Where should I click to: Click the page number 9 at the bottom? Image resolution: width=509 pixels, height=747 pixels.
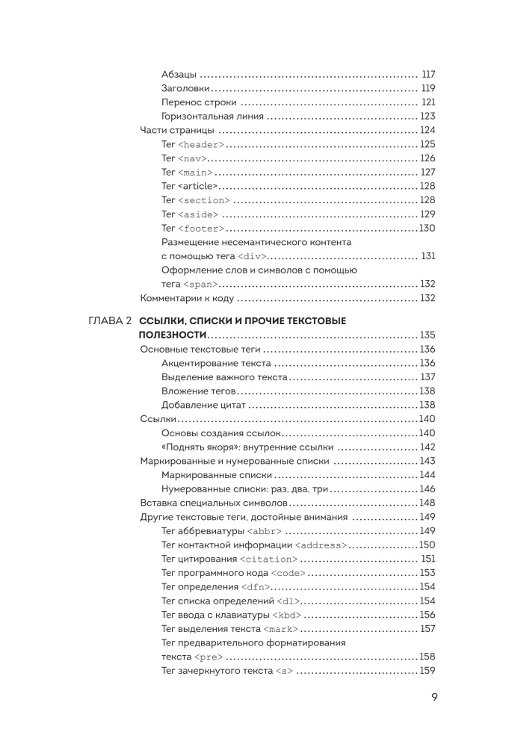(x=434, y=698)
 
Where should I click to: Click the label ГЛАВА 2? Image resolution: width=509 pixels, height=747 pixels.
(x=110, y=320)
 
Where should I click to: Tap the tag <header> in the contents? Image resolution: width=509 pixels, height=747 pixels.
(x=201, y=144)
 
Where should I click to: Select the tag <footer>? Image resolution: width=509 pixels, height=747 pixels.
(x=201, y=228)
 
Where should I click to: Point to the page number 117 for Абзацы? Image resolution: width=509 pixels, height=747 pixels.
(x=428, y=74)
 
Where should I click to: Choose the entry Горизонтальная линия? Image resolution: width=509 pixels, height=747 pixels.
(x=212, y=116)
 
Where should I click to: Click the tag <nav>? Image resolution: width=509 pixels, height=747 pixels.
(x=192, y=158)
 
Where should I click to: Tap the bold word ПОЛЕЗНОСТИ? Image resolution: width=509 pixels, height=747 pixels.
(x=173, y=335)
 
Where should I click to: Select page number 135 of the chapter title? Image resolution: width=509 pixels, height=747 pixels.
(x=427, y=335)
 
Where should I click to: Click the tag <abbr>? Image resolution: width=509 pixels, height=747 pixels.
(x=265, y=530)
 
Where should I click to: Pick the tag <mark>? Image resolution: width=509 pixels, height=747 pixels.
(x=283, y=628)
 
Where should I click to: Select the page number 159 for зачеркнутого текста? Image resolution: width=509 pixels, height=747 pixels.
(x=427, y=670)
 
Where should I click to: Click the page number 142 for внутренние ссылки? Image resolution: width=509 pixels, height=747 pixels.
(x=427, y=447)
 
